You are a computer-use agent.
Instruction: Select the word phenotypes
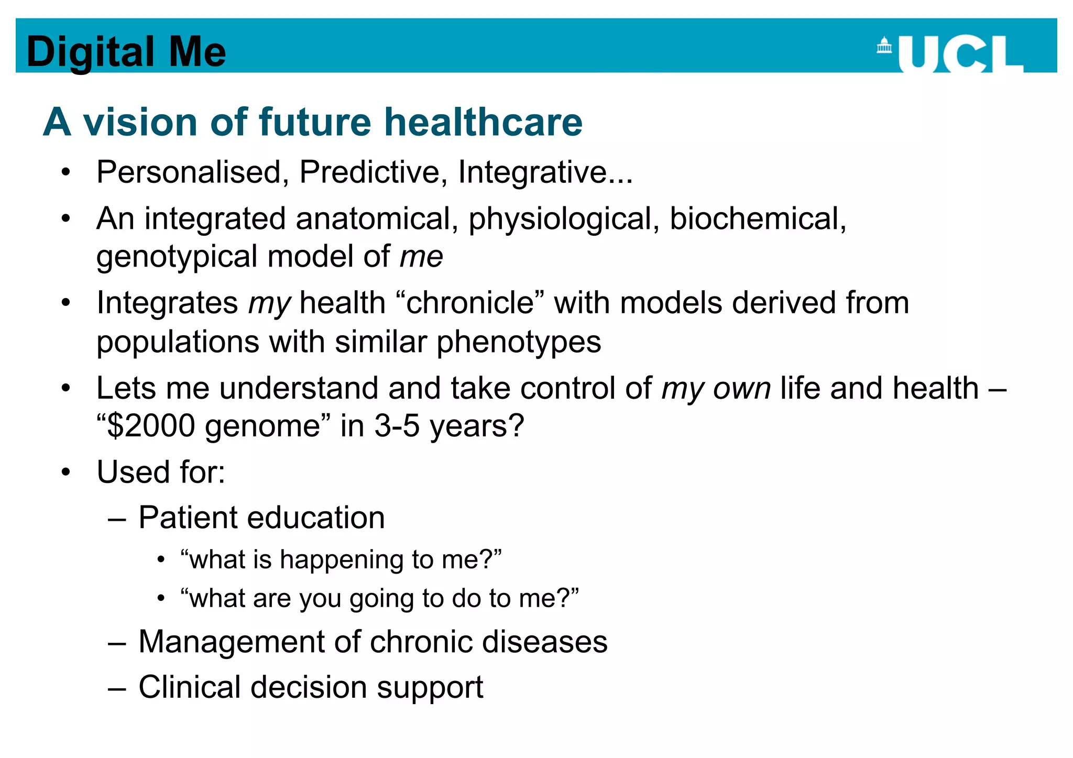click(519, 342)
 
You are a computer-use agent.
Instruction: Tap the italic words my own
click(716, 388)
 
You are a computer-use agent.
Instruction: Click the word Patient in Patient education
click(189, 518)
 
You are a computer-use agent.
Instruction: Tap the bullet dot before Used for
click(65, 472)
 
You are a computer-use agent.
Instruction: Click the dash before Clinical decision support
click(117, 688)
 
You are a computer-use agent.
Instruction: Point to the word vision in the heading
click(140, 122)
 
